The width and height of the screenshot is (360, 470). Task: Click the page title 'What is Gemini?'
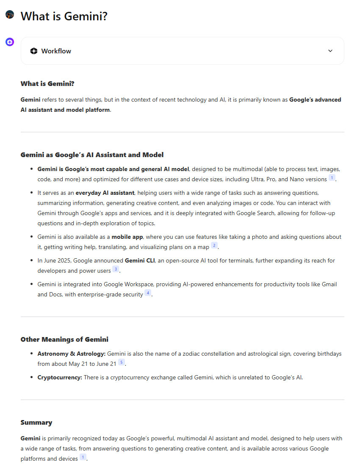(64, 17)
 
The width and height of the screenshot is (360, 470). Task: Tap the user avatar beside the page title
(10, 15)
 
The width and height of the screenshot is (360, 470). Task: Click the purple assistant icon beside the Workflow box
(10, 42)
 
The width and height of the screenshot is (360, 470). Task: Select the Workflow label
(56, 51)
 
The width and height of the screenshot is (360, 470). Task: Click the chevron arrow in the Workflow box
(330, 51)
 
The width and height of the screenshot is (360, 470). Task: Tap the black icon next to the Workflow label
(34, 51)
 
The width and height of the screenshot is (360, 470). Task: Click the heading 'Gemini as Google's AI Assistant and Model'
(92, 155)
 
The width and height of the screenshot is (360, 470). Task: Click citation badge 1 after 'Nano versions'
(332, 178)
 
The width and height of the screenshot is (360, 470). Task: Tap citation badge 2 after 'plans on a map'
(214, 246)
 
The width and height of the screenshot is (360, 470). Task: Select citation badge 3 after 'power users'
(116, 270)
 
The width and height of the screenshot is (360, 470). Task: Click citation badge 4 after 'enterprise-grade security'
(148, 293)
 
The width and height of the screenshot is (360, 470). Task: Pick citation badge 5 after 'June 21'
(122, 363)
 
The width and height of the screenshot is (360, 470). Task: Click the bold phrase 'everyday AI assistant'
(105, 193)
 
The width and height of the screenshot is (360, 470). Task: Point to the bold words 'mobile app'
(127, 237)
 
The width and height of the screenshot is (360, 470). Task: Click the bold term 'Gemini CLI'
(140, 260)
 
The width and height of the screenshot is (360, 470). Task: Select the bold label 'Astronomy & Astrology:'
(71, 354)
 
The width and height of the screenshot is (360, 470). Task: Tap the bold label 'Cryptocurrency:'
(60, 377)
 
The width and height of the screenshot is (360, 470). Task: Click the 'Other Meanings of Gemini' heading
(64, 340)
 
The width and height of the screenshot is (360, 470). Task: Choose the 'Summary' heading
(36, 423)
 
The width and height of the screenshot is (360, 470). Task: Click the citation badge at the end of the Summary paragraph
(83, 458)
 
